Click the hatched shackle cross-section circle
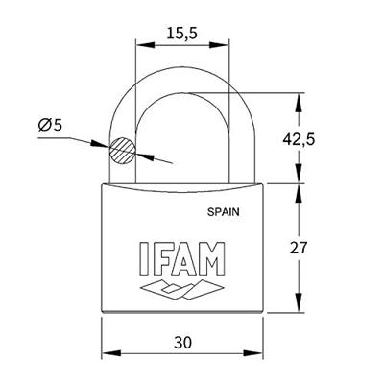click(122, 151)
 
